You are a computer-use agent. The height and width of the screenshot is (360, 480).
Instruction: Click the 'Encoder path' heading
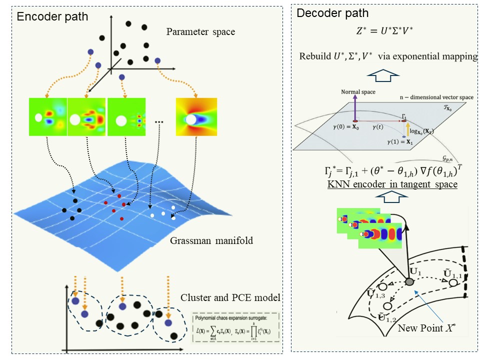click(52, 16)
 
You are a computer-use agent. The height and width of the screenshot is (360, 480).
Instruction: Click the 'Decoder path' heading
click(332, 13)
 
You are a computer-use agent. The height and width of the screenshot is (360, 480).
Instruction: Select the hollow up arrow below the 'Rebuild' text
click(384, 75)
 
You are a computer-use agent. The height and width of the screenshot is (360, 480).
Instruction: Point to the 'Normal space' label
click(358, 92)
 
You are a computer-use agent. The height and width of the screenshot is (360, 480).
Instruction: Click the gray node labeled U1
click(409, 282)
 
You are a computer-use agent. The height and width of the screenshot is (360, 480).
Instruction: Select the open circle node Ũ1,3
click(382, 287)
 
